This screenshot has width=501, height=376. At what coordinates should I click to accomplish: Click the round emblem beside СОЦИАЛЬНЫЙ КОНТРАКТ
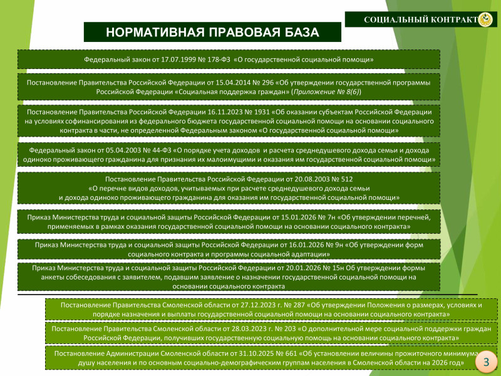pos(487,20)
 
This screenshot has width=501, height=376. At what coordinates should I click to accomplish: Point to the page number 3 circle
pos(486,362)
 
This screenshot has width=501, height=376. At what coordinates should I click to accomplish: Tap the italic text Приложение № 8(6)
pos(326,92)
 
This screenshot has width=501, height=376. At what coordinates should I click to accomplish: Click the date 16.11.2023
pos(224,112)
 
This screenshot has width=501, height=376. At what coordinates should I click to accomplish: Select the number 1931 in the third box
pos(262,112)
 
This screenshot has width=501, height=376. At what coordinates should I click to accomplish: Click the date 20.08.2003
pos(306,179)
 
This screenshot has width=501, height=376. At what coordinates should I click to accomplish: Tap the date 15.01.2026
pos(298,217)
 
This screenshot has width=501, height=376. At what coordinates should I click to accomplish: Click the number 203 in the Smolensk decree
pos(291,328)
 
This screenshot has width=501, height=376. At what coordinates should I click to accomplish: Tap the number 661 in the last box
pos(291,353)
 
